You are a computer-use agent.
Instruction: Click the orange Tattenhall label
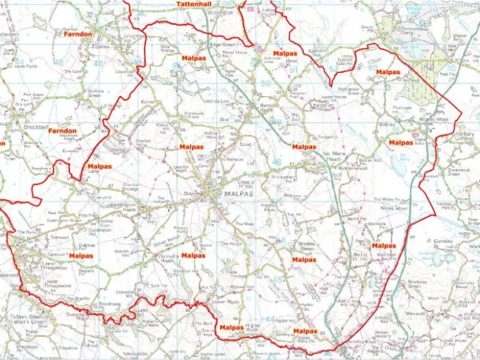pyautogui.click(x=193, y=4)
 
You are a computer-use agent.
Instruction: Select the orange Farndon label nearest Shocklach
pyautogui.click(x=62, y=131)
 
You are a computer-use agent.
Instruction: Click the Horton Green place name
pyautogui.click(x=96, y=93)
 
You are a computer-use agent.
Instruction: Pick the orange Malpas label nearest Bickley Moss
pyautogui.click(x=401, y=142)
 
